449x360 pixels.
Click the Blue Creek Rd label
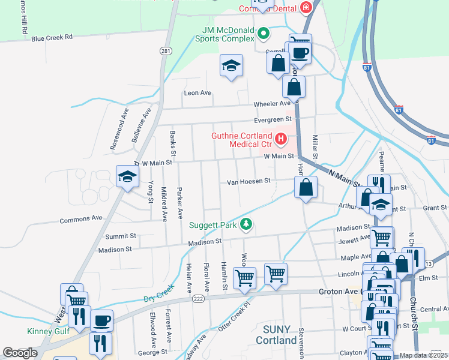coord(52,37)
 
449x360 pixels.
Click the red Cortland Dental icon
coord(306,8)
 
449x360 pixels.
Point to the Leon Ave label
coord(197,93)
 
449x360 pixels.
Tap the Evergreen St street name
coord(272,119)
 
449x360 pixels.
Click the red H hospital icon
coord(280,140)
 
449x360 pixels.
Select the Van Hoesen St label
coord(249,181)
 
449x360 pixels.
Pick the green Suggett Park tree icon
coord(245,225)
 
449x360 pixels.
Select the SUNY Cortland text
coord(276,335)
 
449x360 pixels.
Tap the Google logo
coord(20,353)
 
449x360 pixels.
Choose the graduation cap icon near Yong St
coord(127,177)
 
